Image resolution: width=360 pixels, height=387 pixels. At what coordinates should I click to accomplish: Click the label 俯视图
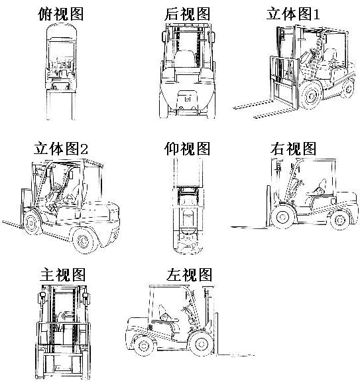coord(60,14)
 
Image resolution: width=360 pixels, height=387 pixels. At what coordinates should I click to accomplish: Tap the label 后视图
coord(188,14)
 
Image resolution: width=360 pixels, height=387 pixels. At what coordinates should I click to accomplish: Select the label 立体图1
coord(293,14)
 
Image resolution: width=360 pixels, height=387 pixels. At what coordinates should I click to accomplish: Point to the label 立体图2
coord(60,148)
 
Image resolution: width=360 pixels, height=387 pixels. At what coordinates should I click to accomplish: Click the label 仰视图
coord(188,148)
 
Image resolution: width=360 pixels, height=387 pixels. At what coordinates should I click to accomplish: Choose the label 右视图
coord(293,148)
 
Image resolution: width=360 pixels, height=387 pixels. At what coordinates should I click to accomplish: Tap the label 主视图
coord(62,274)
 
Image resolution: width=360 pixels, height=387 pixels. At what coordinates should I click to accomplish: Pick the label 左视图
coord(189,274)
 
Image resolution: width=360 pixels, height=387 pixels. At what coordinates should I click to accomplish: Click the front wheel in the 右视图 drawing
coord(282,217)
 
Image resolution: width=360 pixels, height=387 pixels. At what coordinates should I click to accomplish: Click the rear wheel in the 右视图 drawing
coord(339,220)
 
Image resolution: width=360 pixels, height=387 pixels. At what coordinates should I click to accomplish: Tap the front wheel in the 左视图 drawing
coord(202,344)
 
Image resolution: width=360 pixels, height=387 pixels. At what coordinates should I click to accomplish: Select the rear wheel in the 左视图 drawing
coord(145,346)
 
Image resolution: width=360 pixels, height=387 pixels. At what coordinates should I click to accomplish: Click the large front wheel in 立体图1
coord(311,95)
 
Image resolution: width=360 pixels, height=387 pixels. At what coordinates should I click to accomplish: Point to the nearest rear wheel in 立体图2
coord(84,240)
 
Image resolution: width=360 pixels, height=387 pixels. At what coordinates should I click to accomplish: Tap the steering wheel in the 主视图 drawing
coord(66,315)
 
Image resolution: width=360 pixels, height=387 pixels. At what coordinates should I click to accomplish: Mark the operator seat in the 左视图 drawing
coord(166,317)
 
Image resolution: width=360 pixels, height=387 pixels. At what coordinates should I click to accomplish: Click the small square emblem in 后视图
coord(188,100)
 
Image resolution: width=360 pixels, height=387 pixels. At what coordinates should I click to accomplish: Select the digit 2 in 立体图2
coord(84,149)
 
